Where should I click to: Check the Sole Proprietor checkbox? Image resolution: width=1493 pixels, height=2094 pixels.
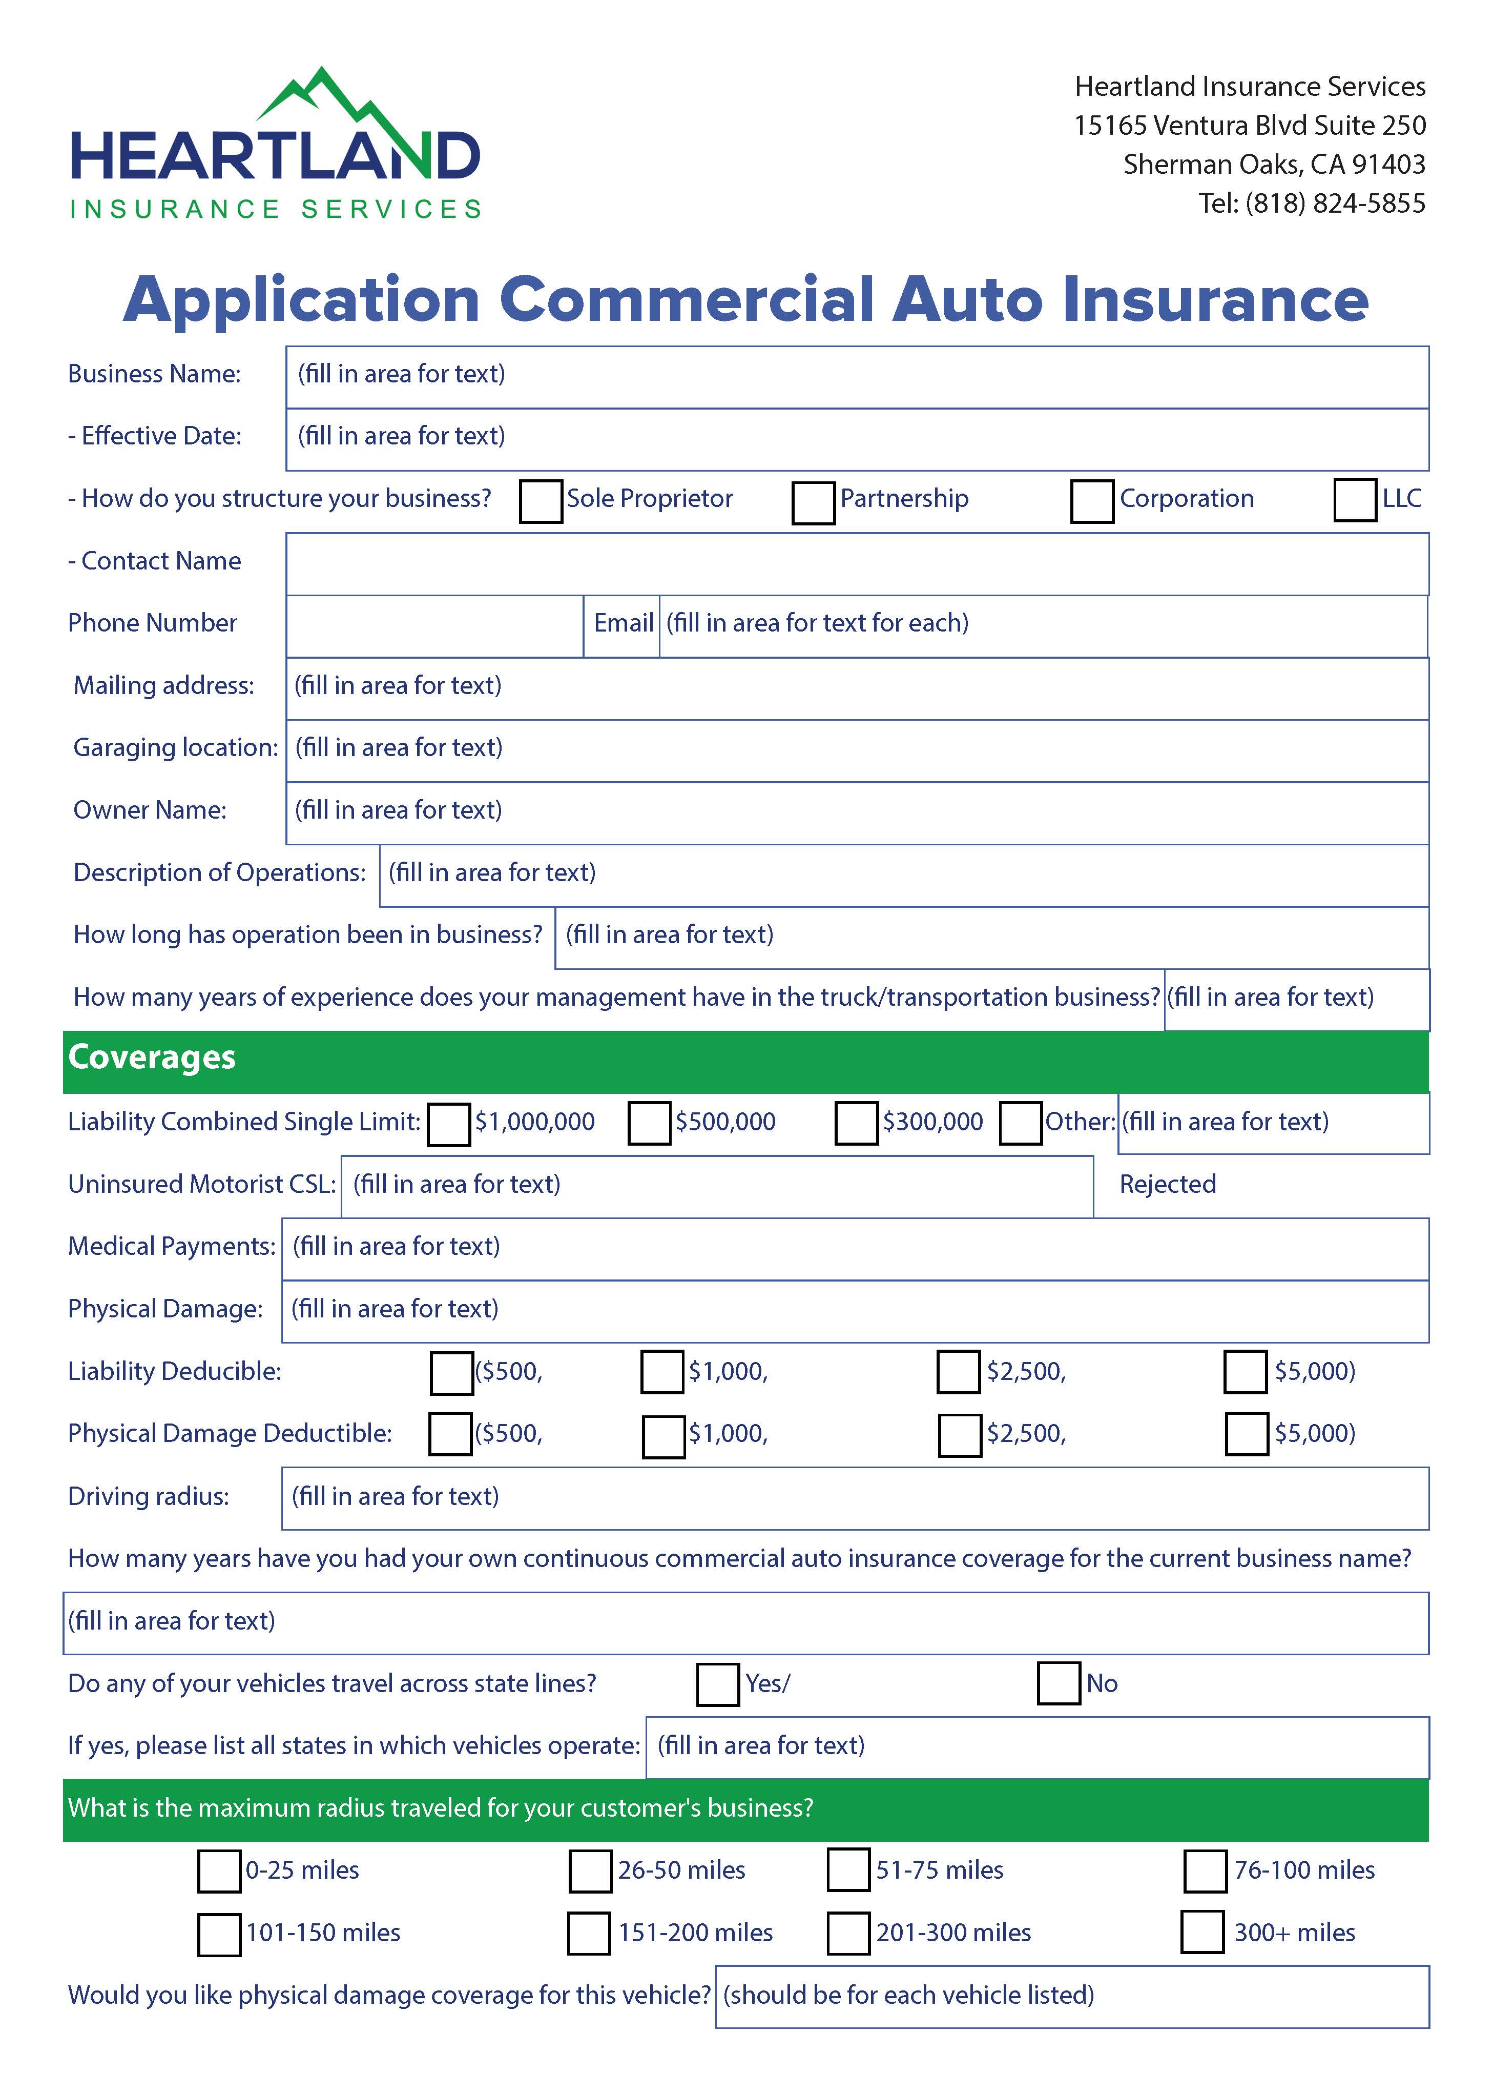point(541,501)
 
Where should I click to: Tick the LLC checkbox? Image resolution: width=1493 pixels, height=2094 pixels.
point(1354,499)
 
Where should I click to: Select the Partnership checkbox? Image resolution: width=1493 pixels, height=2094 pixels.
point(813,502)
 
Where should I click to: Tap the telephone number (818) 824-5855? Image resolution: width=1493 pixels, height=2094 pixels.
point(1335,203)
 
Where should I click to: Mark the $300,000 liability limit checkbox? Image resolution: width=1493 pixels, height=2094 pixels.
point(856,1124)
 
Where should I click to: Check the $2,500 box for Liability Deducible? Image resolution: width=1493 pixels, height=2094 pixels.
point(958,1372)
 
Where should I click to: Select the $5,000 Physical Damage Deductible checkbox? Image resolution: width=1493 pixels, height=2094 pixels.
point(1247,1435)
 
